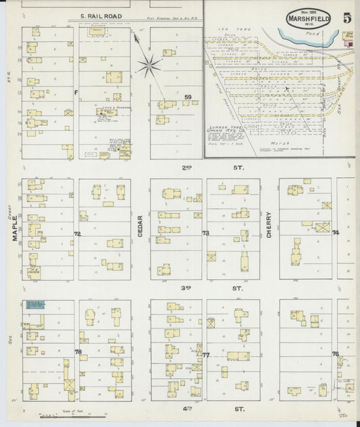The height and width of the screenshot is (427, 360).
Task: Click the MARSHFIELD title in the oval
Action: [x=308, y=19]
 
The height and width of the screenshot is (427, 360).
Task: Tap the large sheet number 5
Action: [x=345, y=18]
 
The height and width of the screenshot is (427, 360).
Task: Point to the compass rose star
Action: [x=149, y=66]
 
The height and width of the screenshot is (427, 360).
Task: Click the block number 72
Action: [x=77, y=234]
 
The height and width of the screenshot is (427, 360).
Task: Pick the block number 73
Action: [x=205, y=233]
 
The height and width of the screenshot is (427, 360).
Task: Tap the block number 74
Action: [x=335, y=233]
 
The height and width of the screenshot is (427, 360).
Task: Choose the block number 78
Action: [x=78, y=352]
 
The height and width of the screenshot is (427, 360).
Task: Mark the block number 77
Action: [x=206, y=354]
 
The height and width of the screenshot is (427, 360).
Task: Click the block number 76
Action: [x=335, y=353]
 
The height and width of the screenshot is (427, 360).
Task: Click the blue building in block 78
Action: [x=34, y=305]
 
